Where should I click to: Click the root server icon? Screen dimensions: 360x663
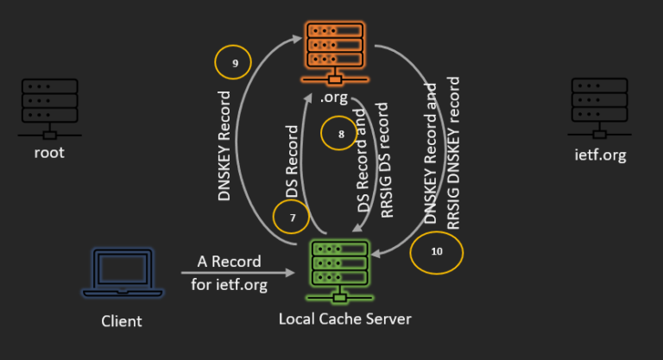coord(50,109)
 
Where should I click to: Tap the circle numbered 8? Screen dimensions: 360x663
coord(342,134)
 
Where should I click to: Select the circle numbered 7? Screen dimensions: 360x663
coord(291,216)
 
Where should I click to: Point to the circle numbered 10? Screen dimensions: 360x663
coord(436,252)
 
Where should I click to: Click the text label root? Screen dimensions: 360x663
coord(50,154)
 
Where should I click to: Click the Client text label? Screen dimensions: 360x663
coord(121,321)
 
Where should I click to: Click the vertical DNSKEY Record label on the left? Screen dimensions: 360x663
coord(225,145)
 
